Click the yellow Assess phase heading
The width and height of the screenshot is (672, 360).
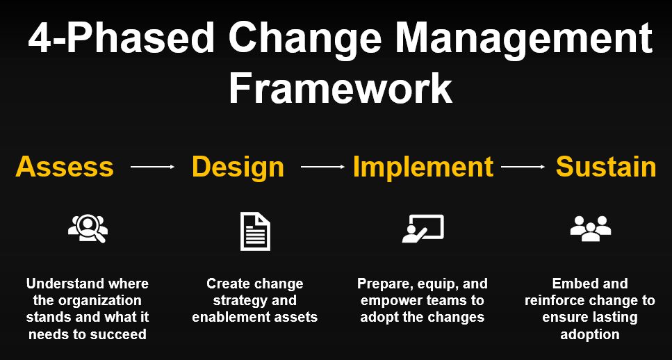[x=65, y=167]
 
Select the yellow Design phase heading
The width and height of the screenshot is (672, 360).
[x=238, y=167]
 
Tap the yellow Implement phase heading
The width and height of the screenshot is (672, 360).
[x=423, y=167]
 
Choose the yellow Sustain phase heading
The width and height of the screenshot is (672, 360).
[x=606, y=167]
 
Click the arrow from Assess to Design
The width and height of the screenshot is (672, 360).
[x=152, y=167]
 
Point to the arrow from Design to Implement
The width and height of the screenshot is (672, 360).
[x=322, y=167]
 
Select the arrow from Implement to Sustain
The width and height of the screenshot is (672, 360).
[x=523, y=167]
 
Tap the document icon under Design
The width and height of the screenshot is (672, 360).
[x=255, y=231]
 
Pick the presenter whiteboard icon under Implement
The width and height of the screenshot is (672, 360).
[x=423, y=229]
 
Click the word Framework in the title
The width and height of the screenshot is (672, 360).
[x=341, y=89]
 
